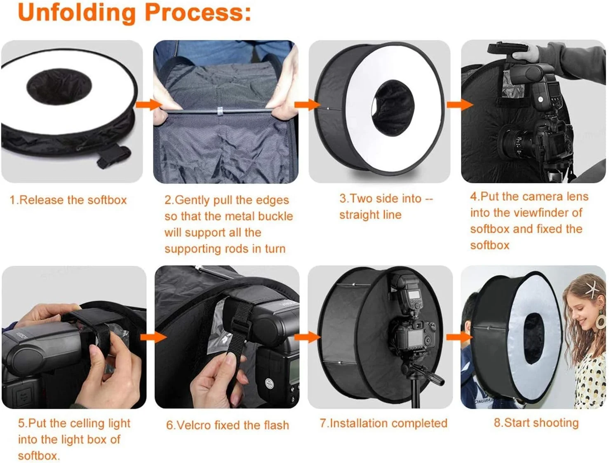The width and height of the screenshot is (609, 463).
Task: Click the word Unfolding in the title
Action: [77, 13]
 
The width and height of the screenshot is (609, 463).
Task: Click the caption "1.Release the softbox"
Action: [68, 200]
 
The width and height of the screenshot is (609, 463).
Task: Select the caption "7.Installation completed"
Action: [383, 423]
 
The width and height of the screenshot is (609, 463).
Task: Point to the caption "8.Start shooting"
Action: [536, 423]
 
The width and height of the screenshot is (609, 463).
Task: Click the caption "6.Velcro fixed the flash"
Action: [228, 425]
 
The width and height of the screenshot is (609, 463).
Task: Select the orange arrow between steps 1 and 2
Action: [149, 105]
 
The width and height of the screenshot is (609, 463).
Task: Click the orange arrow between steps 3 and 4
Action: [460, 105]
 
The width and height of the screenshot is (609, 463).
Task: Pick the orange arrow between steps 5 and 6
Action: [154, 337]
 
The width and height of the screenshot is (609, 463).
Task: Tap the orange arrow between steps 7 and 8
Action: [460, 337]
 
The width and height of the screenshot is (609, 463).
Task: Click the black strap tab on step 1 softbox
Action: [114, 157]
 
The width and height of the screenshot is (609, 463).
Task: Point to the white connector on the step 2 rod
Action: [219, 111]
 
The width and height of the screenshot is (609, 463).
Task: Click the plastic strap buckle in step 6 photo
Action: [240, 325]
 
